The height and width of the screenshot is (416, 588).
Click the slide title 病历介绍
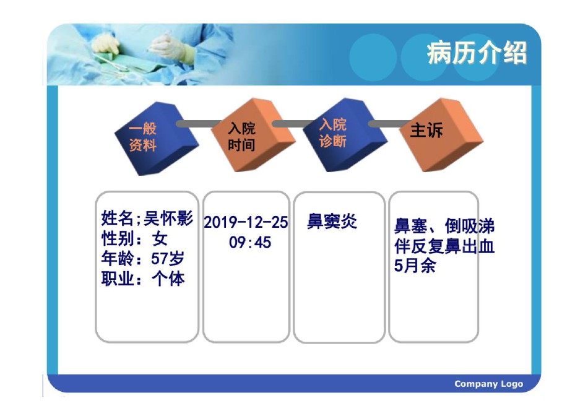click(477, 53)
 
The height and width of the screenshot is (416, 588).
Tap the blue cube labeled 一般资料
click(156, 139)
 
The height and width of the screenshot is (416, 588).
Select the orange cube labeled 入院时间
click(253, 135)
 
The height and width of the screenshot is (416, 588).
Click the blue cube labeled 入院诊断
click(345, 135)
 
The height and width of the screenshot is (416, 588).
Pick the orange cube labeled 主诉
click(441, 135)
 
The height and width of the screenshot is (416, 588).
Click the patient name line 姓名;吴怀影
click(147, 219)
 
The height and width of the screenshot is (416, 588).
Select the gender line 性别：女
click(134, 238)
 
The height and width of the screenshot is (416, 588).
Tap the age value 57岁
click(168, 259)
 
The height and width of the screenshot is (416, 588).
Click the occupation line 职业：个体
click(143, 279)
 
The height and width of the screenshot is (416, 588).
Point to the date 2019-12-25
click(246, 222)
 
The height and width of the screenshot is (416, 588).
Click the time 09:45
click(250, 242)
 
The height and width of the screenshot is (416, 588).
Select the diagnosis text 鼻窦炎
click(332, 222)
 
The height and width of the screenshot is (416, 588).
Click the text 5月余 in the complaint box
click(415, 266)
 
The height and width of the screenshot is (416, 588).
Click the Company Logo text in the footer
click(488, 384)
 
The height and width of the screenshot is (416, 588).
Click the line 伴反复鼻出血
click(444, 246)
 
